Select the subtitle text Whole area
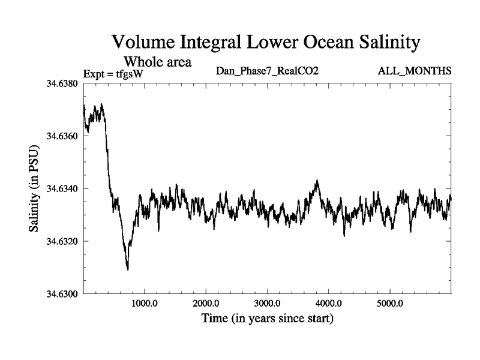pyautogui.click(x=157, y=61)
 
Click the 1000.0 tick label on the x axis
pyautogui.click(x=145, y=304)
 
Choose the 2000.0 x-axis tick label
pyautogui.click(x=206, y=304)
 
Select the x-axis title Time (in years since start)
pyautogui.click(x=267, y=317)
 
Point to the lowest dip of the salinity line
pyautogui.click(x=128, y=269)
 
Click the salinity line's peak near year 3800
pyautogui.click(x=317, y=180)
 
